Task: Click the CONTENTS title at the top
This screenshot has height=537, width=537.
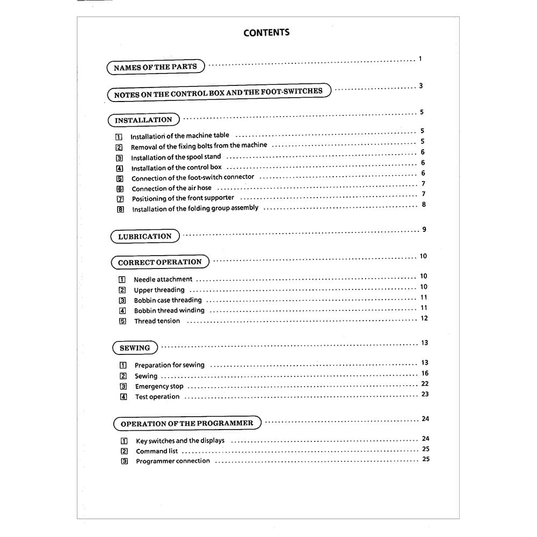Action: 266,33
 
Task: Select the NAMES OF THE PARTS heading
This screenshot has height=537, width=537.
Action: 155,67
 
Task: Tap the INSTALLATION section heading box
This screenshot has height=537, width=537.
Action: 143,120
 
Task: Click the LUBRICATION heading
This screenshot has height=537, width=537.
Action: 145,236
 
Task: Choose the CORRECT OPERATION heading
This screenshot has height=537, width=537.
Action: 160,263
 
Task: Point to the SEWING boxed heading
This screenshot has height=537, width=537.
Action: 135,348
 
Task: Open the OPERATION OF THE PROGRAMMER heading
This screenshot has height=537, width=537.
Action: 187,423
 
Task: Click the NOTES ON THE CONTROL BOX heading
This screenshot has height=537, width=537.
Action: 219,93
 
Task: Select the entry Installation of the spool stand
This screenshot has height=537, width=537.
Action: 176,157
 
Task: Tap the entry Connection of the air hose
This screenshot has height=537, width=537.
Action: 171,188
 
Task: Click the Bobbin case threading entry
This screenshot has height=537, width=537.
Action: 168,300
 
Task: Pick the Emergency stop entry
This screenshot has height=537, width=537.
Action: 159,387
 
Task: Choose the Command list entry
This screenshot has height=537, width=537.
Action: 157,451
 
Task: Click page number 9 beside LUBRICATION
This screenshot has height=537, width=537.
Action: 424,230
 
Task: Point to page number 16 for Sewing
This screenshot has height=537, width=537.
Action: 425,373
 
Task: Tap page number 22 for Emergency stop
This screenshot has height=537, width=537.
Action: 425,384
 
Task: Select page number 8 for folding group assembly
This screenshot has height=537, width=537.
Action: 424,205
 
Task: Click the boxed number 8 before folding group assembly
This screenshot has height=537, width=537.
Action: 120,209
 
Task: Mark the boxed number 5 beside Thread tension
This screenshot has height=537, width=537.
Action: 122,321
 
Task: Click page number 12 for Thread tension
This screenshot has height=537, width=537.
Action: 424,318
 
